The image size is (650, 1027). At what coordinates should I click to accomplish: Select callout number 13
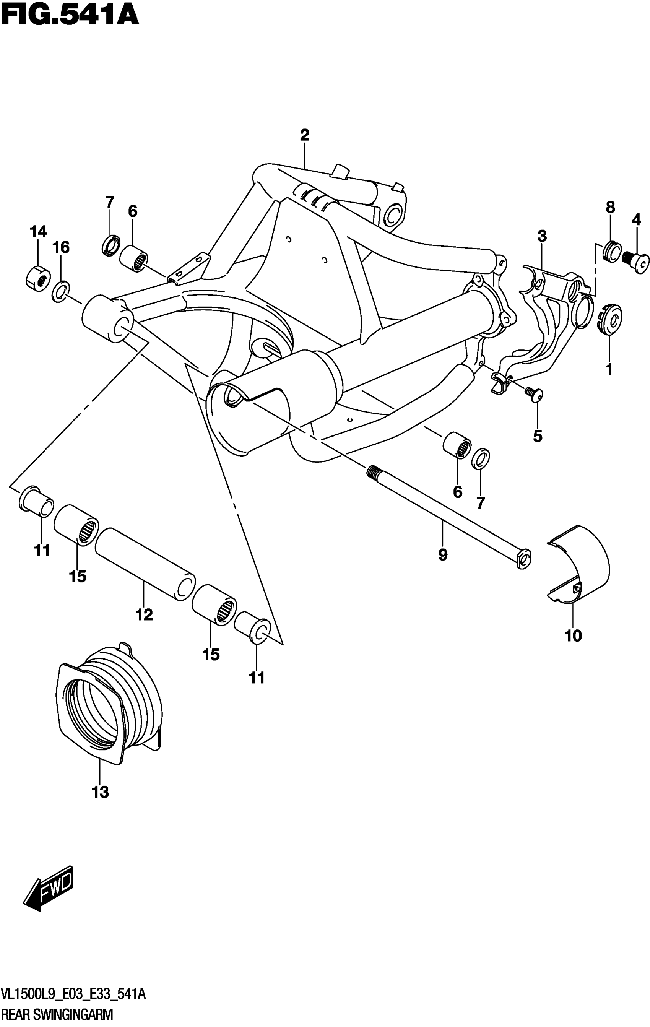[100, 792]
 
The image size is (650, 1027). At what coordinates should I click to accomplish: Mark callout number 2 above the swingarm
[304, 135]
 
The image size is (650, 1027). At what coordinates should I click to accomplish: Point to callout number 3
[542, 236]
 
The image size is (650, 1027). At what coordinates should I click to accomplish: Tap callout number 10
[573, 636]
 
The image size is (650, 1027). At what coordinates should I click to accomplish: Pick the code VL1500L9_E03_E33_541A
[73, 994]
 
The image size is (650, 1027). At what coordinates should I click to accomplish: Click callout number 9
[443, 555]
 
